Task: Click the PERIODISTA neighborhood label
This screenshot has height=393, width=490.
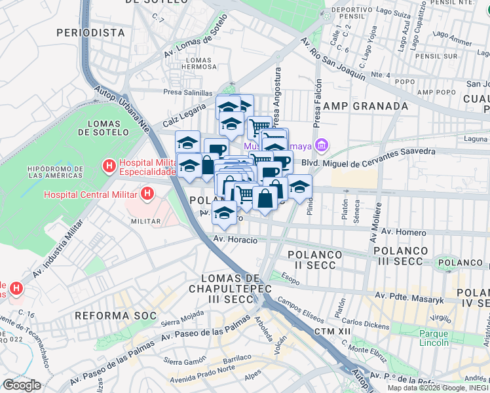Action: coord(90,32)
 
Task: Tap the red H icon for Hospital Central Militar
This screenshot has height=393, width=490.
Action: coord(147,194)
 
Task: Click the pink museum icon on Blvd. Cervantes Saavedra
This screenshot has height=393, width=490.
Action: coord(322,145)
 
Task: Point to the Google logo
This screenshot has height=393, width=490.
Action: coord(22,384)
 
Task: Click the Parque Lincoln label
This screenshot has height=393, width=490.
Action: coord(434,337)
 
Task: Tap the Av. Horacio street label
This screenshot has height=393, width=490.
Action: coord(235,240)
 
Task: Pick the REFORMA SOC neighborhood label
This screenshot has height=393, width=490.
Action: coord(115,316)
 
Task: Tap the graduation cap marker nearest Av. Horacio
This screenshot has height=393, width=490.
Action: coord(224,213)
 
